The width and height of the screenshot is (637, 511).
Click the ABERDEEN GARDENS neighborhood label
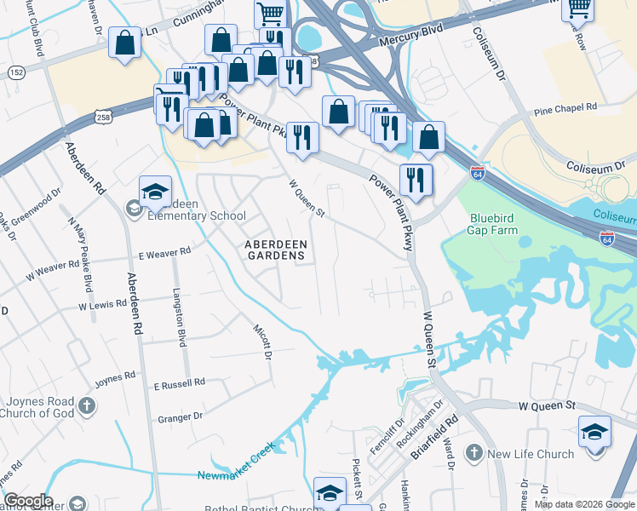[274, 249]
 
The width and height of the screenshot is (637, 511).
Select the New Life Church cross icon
[474, 454]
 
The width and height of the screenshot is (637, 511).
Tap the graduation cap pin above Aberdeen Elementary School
[155, 192]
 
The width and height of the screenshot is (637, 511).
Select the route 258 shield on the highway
[103, 115]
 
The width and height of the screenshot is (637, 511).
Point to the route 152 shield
[14, 73]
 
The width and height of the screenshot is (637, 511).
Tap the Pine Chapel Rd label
[565, 110]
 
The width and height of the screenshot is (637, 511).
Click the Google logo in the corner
[28, 501]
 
